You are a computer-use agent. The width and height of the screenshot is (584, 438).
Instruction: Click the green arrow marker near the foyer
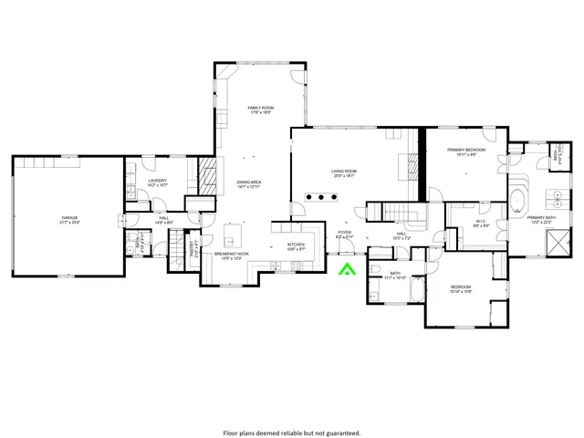point(347,268)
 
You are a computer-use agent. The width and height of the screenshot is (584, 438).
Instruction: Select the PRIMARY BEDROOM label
point(465,151)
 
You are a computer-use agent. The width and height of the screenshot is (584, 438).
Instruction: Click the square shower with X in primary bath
point(553,244)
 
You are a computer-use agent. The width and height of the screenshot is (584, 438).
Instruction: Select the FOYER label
point(345,235)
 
